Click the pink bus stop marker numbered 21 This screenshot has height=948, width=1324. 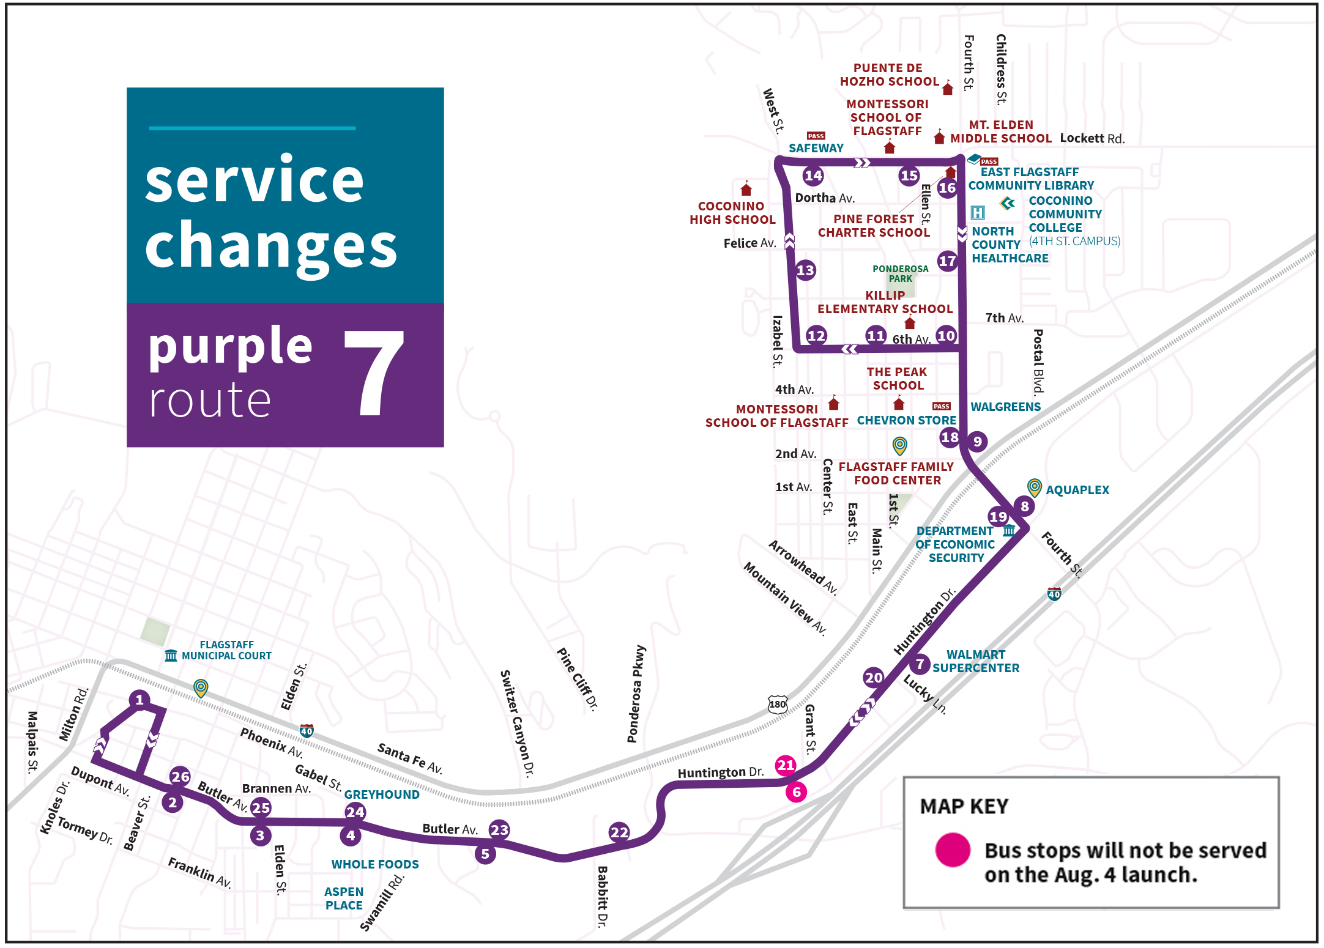point(785,765)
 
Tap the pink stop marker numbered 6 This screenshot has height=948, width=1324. point(796,792)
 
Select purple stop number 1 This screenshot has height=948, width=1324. point(139,700)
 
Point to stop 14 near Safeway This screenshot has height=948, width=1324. point(813,176)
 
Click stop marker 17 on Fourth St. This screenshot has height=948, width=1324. point(947,261)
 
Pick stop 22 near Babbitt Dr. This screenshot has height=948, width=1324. point(619,832)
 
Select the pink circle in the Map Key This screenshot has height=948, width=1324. point(953,850)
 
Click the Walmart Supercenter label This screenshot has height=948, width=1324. point(975,661)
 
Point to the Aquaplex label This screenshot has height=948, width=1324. point(1077,490)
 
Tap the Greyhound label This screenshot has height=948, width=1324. point(382,794)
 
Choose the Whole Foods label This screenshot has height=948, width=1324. point(375,864)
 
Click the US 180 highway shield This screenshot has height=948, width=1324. point(777,704)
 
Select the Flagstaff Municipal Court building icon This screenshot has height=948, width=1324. point(171,656)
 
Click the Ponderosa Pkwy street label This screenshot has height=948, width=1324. point(636,694)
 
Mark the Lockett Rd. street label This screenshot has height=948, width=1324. point(1092,139)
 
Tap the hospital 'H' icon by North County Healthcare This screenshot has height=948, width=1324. point(978,213)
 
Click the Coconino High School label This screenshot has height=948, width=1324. point(732,213)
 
